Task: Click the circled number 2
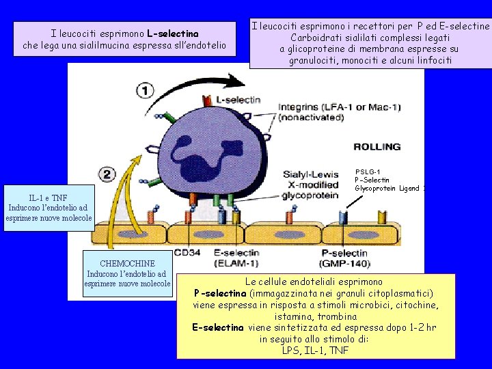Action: [107, 175]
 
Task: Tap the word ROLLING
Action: [377, 147]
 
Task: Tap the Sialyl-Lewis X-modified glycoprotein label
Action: [311, 184]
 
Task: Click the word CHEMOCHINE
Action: [127, 264]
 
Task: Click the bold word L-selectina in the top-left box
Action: [173, 33]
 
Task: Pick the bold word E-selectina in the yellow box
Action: [219, 328]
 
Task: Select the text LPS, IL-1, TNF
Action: [315, 351]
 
